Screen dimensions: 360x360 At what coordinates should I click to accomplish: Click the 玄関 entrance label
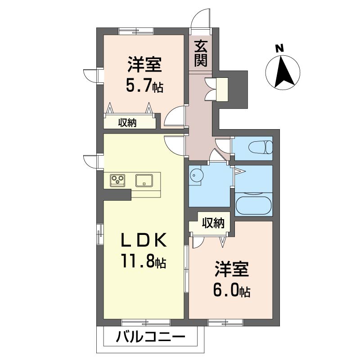click(201, 54)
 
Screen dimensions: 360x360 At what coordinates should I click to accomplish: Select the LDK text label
click(144, 240)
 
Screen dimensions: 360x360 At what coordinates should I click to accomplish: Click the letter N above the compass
click(279, 49)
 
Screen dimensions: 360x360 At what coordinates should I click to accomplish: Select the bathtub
click(253, 206)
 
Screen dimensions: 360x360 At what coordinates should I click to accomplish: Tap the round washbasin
click(197, 175)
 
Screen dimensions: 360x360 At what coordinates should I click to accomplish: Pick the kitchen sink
click(144, 180)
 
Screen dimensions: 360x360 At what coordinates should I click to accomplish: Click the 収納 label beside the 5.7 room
click(127, 123)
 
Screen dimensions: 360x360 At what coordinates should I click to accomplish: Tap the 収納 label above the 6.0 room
click(213, 223)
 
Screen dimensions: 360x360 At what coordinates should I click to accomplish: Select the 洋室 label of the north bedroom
click(144, 64)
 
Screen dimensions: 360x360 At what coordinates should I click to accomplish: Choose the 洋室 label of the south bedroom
click(232, 269)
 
